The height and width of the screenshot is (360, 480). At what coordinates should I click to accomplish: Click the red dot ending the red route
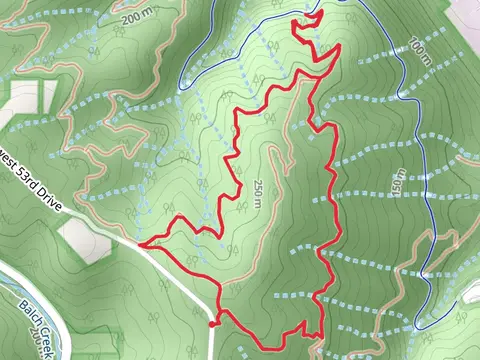(212, 323)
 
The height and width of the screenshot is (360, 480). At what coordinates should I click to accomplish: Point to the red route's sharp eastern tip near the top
(341, 45)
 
